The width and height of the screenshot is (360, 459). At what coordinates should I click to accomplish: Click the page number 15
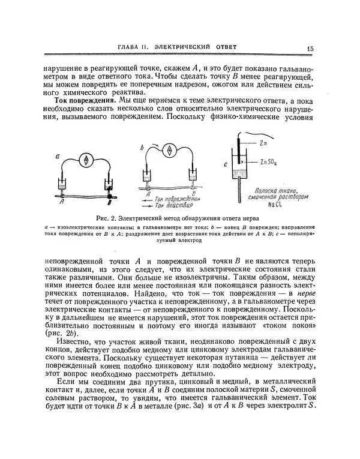coord(308,49)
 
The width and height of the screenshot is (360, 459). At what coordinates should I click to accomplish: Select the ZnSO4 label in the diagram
coord(269,162)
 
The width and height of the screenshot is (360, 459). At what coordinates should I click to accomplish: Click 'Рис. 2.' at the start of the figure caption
coord(97,218)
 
